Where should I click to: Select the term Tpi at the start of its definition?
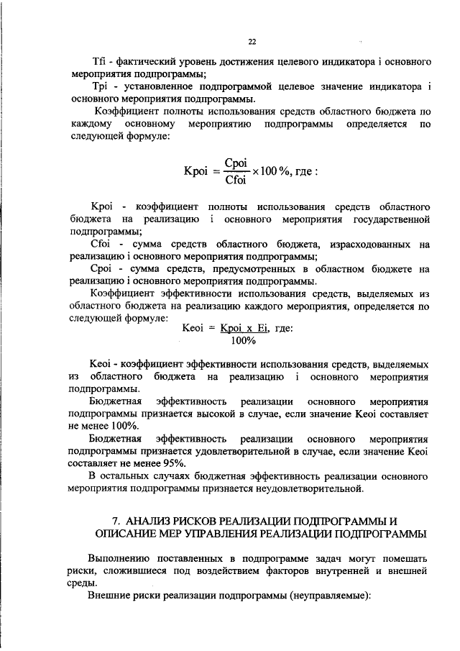96,88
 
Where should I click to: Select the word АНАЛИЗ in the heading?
149,520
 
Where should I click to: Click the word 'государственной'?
391,218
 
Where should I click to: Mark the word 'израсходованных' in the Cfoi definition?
367,244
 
